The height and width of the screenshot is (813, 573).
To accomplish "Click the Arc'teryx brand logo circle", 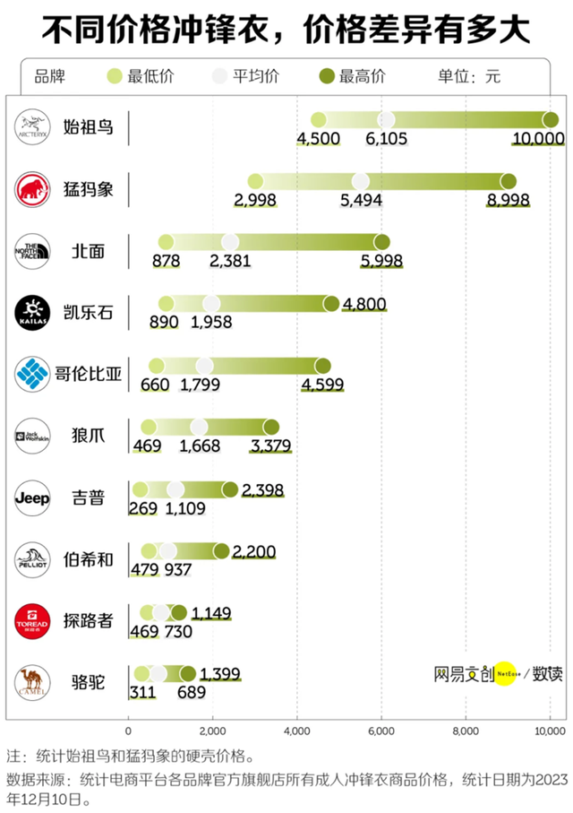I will click(38, 127).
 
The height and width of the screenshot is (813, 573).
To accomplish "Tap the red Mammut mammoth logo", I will click(38, 189).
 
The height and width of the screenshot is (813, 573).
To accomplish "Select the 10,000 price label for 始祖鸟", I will click(537, 138).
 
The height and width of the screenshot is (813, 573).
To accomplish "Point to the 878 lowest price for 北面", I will click(167, 261).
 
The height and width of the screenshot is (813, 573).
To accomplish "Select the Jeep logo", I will click(38, 497).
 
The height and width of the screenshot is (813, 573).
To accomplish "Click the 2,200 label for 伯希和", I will click(253, 550).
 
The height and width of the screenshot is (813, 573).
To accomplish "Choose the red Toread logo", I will click(38, 620).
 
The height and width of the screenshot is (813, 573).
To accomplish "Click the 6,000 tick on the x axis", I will click(381, 730).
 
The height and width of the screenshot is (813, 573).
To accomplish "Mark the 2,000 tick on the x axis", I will click(213, 730).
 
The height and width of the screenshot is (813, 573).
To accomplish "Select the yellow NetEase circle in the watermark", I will click(506, 673).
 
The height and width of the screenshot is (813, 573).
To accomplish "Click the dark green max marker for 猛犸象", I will click(509, 181).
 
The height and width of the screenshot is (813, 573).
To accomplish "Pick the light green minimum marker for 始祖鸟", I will click(318, 120).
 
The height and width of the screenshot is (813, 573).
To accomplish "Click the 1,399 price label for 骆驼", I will click(220, 673).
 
